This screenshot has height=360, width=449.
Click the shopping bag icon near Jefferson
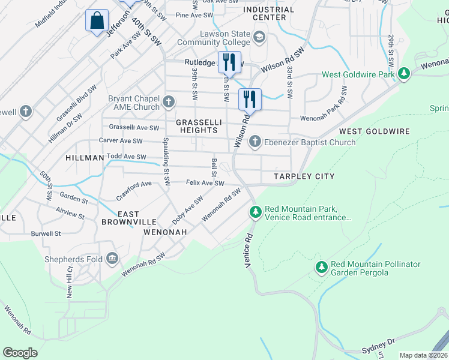(x=97, y=20)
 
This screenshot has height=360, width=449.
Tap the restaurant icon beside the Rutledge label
(x=229, y=61)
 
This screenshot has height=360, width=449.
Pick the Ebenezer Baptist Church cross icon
(x=255, y=142)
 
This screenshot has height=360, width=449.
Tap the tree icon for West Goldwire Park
(x=405, y=74)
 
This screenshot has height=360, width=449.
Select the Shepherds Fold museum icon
(x=112, y=259)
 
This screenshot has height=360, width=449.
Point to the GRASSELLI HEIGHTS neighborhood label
(x=196, y=126)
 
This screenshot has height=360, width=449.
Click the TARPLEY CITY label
(x=304, y=176)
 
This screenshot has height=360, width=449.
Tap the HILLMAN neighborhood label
(x=85, y=158)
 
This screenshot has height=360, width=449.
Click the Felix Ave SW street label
(x=205, y=183)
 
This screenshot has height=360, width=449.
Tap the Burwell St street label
(x=46, y=234)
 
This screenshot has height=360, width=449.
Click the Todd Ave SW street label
(x=126, y=157)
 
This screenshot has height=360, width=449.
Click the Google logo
(x=20, y=352)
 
